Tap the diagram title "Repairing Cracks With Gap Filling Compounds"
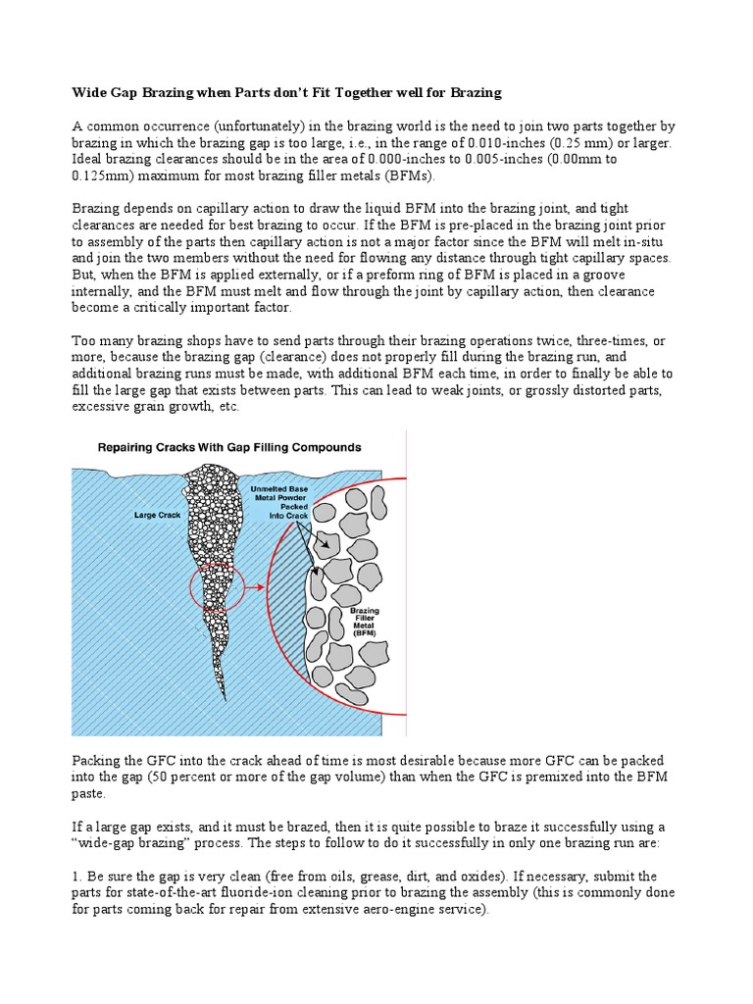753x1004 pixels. (x=228, y=447)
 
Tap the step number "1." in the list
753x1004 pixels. (x=78, y=876)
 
